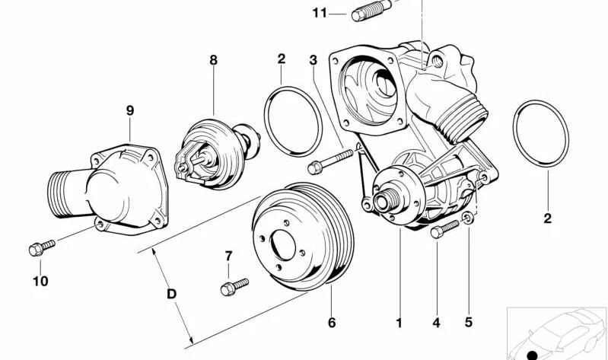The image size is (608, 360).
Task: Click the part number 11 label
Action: [x=319, y=12]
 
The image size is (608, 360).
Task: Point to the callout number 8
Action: [x=214, y=59]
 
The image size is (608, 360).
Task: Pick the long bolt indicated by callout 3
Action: [x=330, y=160]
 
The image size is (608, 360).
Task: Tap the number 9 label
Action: [x=129, y=110]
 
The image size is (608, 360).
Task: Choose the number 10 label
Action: [x=40, y=281]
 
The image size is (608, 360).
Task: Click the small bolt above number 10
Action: [x=41, y=247]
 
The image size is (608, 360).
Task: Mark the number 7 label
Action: [x=227, y=255]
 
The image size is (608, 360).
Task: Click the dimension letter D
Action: [x=171, y=292]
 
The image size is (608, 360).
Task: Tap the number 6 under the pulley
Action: [x=331, y=323]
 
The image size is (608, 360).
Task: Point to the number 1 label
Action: [x=398, y=323]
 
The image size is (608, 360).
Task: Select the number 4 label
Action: [x=436, y=323]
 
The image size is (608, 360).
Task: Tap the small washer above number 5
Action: [x=470, y=220]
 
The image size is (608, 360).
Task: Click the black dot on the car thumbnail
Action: [x=532, y=355]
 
